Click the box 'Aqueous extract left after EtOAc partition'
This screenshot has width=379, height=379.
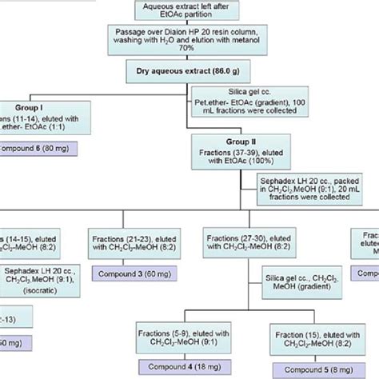click(x=189, y=8)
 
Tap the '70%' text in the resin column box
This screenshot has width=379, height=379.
click(x=189, y=53)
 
